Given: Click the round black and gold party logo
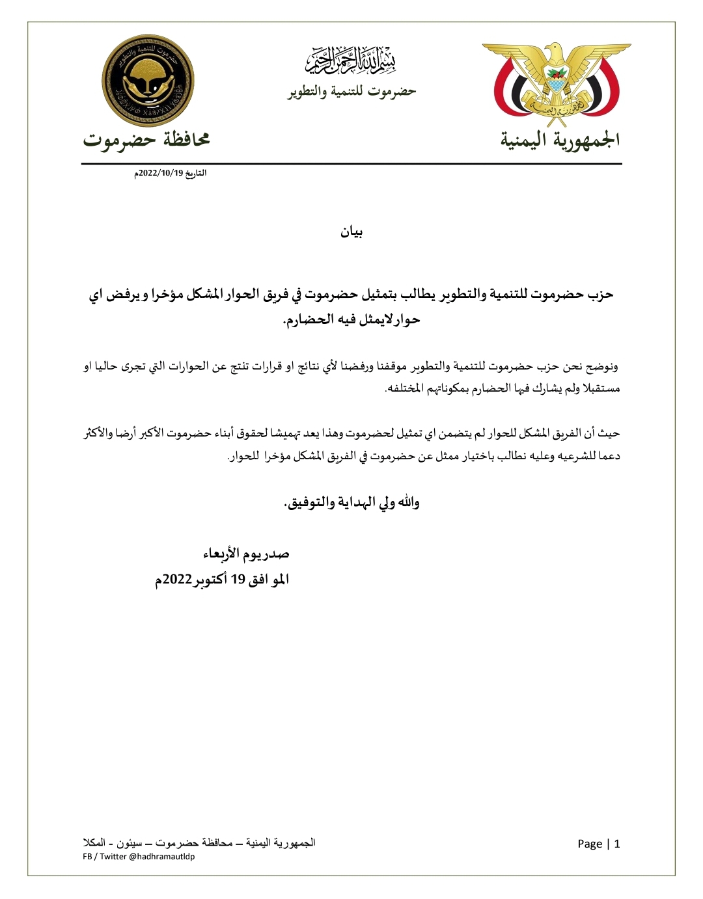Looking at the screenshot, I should [148, 81].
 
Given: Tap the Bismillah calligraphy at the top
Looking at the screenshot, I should [351, 60].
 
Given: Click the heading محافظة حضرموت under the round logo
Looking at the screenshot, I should [146, 139].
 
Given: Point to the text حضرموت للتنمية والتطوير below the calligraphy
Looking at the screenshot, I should [352, 92].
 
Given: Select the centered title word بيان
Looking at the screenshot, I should [351, 232].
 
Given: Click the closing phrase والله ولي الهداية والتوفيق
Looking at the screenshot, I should [352, 502].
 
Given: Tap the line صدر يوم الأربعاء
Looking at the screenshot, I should [246, 554].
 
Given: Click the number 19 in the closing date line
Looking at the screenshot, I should [237, 580].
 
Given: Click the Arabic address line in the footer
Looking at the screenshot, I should [199, 843].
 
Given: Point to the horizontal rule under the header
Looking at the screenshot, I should [351, 164].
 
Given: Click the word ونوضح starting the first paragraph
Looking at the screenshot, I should [603, 367].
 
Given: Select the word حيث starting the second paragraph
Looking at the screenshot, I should [610, 433].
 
